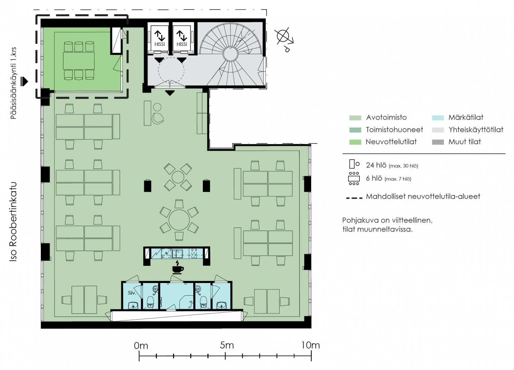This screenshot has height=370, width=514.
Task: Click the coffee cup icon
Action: pos(178,268)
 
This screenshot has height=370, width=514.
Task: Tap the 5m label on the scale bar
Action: pos(227,345)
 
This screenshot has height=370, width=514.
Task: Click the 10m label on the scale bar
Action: pos(310,345)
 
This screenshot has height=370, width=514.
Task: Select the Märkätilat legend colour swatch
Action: pos(438,118)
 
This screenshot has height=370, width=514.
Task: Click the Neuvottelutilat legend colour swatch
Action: pos(355,142)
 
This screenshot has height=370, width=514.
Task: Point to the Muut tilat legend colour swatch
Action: pos(438,142)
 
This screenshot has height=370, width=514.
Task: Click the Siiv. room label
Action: pos(132,293)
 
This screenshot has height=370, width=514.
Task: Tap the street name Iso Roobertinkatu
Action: pos(13,222)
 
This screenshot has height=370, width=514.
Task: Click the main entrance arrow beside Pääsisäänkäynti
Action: pos(24,82)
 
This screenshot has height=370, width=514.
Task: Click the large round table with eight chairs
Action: pos(179,220)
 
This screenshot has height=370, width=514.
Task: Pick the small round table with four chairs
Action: pos(178,177)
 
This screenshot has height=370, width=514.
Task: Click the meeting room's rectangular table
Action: pos(79,61)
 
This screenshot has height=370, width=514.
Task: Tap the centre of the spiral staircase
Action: pos(231,54)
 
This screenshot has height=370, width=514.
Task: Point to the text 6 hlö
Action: pos(374,178)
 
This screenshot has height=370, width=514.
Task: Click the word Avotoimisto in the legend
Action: pos(386,118)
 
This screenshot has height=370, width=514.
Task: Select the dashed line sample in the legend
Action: pos(354,197)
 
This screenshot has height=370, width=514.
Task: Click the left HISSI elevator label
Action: pos(160,44)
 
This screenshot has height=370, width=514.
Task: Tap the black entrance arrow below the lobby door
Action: pos(170,93)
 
